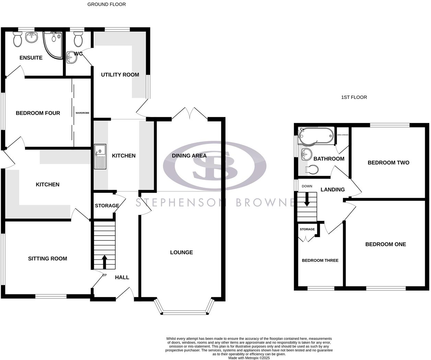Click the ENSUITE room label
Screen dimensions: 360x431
point(31,58)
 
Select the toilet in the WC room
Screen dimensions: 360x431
point(78,40)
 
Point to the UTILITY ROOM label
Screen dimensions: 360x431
point(120,75)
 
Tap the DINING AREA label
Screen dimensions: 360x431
point(189,156)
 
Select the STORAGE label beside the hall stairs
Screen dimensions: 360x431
point(107,205)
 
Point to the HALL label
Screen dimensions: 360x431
point(122,277)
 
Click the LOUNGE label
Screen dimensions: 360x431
point(181,252)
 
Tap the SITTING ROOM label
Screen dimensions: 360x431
point(47,259)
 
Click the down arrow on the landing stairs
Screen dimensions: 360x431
point(307,199)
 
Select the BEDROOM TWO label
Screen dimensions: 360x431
point(388,162)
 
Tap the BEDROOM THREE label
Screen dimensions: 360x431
point(320,260)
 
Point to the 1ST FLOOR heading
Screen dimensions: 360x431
point(354,97)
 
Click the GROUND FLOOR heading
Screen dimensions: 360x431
point(106,4)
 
